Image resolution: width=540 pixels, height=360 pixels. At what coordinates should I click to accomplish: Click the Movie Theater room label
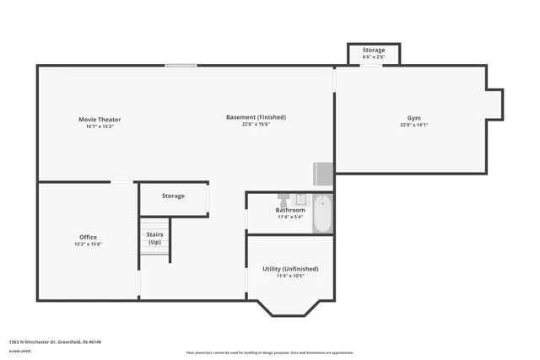tap(100, 120)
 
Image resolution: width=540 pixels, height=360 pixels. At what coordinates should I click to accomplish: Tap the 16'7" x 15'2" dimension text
tap(100, 127)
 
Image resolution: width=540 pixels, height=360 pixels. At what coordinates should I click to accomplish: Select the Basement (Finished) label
tap(256, 116)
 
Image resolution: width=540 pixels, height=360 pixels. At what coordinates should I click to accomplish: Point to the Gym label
tap(413, 118)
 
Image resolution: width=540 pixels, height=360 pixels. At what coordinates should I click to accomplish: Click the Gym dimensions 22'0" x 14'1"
tap(413, 126)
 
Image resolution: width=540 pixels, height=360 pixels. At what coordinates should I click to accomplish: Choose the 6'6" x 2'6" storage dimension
tap(374, 57)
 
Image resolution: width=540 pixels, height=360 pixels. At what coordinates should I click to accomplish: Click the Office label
tap(88, 237)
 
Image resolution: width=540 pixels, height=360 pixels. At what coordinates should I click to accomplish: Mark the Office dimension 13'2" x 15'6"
tap(88, 244)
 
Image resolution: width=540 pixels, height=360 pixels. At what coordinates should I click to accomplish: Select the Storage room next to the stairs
tap(173, 196)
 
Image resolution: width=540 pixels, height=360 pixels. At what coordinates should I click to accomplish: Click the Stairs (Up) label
tap(154, 239)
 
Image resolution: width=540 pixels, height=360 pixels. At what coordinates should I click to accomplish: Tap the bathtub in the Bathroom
tap(323, 213)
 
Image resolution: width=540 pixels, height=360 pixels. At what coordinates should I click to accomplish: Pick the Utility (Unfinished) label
tap(289, 268)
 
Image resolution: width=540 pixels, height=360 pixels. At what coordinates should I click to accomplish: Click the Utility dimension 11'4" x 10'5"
tap(289, 276)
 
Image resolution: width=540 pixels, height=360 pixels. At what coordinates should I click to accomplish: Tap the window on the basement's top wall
tap(181, 65)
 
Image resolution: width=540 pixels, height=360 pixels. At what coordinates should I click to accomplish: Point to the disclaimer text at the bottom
tap(270, 352)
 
